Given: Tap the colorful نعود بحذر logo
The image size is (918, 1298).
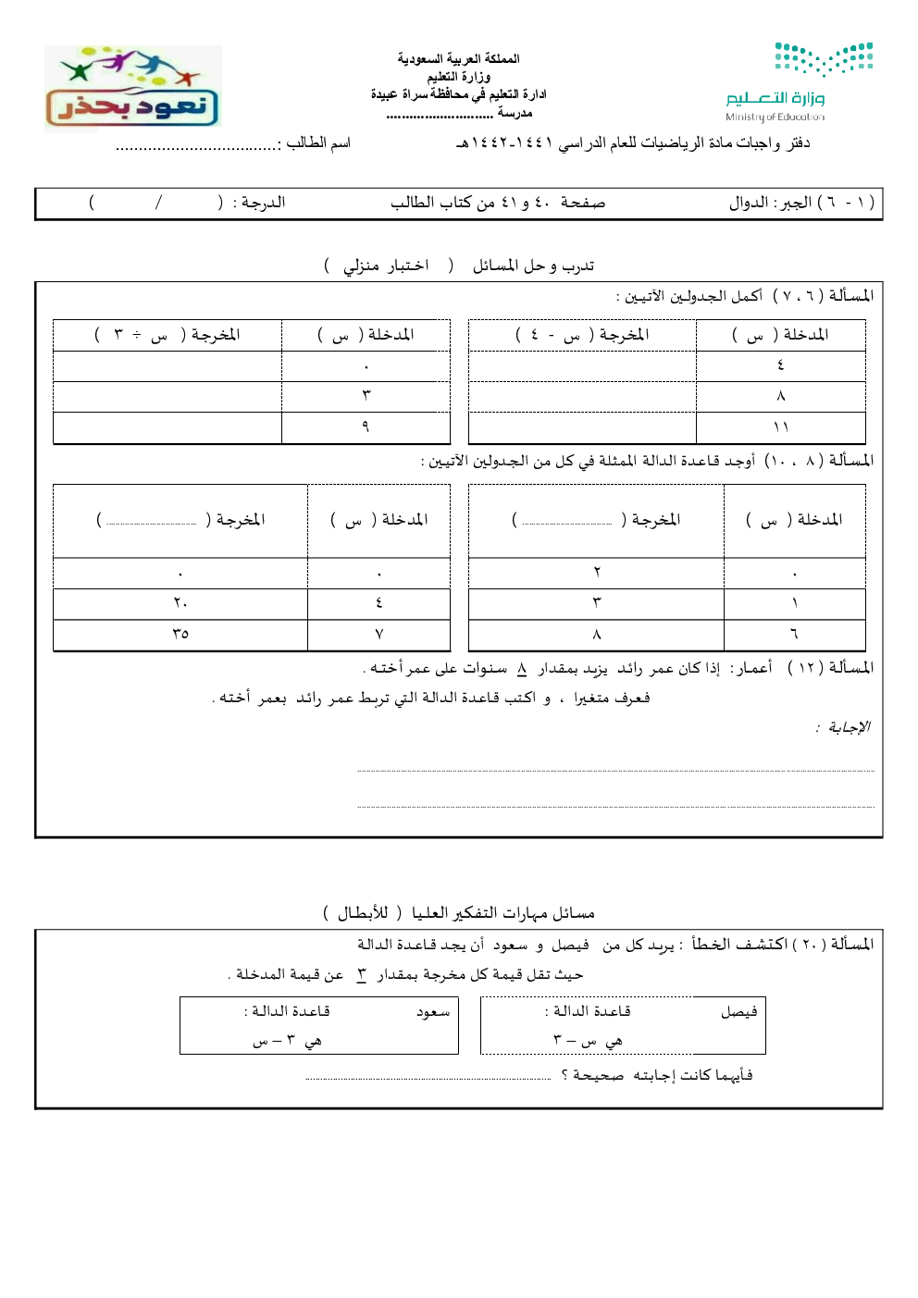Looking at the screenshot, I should (132, 88).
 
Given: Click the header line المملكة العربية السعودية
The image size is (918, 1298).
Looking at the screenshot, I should (459, 58).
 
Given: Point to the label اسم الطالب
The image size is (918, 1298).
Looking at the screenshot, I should (318, 142).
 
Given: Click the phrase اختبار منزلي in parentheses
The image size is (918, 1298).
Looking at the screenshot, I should (386, 266).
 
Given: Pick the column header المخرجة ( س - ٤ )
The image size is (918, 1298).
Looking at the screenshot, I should (582, 334).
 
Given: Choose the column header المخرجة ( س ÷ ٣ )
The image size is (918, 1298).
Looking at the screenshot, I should (167, 334).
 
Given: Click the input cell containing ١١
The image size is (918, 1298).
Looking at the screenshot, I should (780, 427).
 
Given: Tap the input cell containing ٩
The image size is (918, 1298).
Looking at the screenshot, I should (366, 426).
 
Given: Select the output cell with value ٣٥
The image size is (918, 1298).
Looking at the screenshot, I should (180, 634).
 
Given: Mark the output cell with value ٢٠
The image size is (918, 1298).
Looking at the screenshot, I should (180, 603).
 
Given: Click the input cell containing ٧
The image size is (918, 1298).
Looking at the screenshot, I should (378, 634).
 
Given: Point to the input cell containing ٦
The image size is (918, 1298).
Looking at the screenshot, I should (794, 634).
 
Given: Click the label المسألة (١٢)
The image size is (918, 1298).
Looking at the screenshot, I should (830, 668).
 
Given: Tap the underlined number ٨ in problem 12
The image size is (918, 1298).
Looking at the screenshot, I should (522, 668).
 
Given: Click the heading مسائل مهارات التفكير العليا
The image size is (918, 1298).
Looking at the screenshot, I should (503, 913).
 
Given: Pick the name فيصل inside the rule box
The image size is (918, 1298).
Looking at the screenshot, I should (738, 1012).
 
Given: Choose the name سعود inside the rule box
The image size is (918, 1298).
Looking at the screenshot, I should (433, 1012).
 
